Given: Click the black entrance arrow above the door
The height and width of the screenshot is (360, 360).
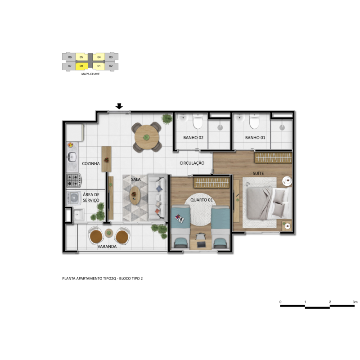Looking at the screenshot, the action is click(119, 106).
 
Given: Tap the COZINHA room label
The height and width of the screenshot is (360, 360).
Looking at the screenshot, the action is click(91, 163).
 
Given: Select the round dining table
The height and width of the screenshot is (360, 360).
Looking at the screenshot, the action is click(147, 137).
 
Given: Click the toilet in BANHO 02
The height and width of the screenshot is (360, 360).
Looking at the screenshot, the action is click(198, 121).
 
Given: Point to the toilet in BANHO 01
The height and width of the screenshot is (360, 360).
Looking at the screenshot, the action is click(254, 121).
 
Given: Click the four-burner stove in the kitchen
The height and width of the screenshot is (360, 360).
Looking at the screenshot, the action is click(74, 180).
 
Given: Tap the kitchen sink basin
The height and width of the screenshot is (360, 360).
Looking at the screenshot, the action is click(72, 157).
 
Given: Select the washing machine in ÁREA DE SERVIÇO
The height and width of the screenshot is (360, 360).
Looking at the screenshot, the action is click(74, 198).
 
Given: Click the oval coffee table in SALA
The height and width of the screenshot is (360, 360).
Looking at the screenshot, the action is click(135, 195).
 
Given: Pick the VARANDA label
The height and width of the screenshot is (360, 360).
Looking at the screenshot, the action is click(107, 247).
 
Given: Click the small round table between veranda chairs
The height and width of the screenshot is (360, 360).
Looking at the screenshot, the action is click(109, 233).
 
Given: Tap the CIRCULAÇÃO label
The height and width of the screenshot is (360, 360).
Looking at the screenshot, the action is click(192, 163).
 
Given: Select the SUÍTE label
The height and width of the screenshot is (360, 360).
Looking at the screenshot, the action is click(258, 173).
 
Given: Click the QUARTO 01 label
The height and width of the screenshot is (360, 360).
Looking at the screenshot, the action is click(202, 200).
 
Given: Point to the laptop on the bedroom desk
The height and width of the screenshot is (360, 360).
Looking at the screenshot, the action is click(201, 244).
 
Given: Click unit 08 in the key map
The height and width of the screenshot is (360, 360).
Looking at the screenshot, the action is click(81, 66).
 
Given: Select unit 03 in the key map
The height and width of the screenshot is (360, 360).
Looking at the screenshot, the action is click(111, 57).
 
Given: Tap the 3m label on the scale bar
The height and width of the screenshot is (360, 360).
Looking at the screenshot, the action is click(355, 302).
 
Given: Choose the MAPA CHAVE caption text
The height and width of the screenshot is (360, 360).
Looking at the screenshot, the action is click(90, 74).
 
